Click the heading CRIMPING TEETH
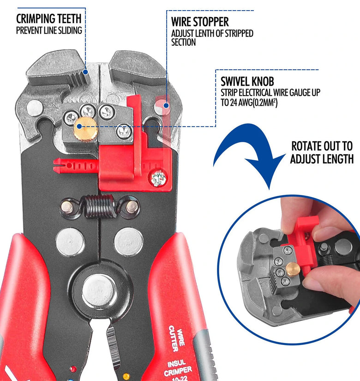[x=48, y=18]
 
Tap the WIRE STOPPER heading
[x=200, y=22]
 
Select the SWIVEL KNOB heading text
[x=247, y=81]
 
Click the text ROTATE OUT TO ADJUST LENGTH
[x=322, y=152]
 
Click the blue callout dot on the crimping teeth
[x=85, y=72]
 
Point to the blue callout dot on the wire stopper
[x=166, y=105]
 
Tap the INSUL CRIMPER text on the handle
[x=177, y=369]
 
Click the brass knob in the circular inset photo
[x=293, y=269]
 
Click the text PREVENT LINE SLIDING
[x=49, y=30]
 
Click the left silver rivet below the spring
[x=70, y=242]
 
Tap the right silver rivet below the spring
[x=128, y=242]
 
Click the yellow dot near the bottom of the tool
[x=126, y=377]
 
